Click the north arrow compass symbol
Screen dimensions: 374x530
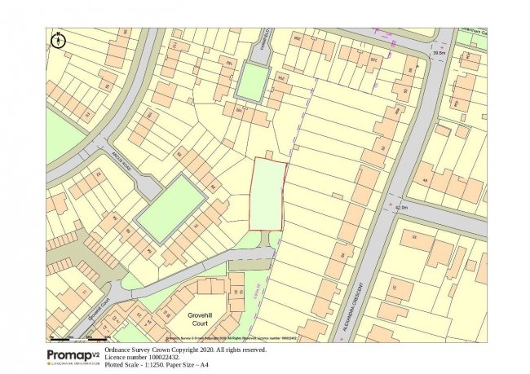click(x=57, y=39)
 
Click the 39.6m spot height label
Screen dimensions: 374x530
click(x=440, y=54)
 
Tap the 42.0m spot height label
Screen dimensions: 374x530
click(x=400, y=208)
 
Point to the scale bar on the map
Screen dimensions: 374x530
click(x=80, y=337)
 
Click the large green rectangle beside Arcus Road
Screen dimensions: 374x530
click(x=170, y=209)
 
